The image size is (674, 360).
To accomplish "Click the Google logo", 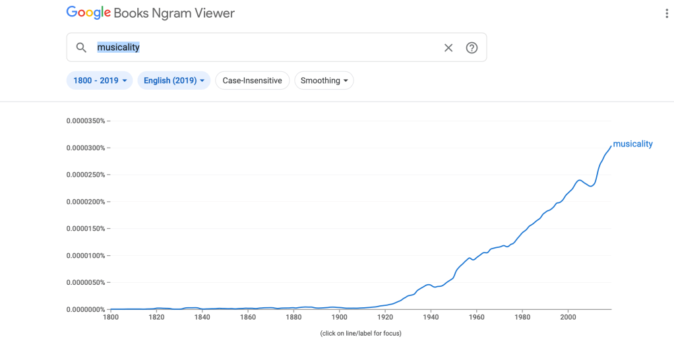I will click(x=88, y=13).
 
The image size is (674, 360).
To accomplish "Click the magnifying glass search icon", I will click(x=81, y=47).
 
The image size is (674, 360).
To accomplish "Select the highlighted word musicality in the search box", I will click(x=119, y=47).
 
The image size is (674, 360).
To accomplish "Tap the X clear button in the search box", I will click(x=448, y=47).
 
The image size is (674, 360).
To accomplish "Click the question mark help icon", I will click(x=472, y=47).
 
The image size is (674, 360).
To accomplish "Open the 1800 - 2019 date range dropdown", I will click(x=100, y=80).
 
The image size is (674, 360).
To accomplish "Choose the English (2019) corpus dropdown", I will click(x=174, y=80).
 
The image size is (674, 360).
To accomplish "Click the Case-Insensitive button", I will click(x=252, y=80).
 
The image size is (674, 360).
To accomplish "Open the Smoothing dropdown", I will click(x=324, y=80).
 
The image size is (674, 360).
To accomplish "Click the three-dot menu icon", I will click(x=667, y=14).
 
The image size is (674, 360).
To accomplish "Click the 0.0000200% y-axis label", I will click(x=86, y=202).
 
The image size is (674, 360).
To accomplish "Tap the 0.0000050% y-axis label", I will click(x=86, y=282).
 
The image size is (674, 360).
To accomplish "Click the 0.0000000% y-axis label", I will click(x=86, y=309).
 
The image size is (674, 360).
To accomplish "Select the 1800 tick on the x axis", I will click(x=111, y=317).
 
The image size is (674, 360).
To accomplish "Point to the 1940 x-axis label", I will click(x=431, y=317).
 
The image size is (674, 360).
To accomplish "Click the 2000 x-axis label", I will click(x=568, y=317).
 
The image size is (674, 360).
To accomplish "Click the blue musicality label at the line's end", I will click(x=632, y=144).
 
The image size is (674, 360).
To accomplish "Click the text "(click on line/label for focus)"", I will click(x=361, y=333).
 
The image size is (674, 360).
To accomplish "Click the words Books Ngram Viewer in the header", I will click(x=174, y=13).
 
